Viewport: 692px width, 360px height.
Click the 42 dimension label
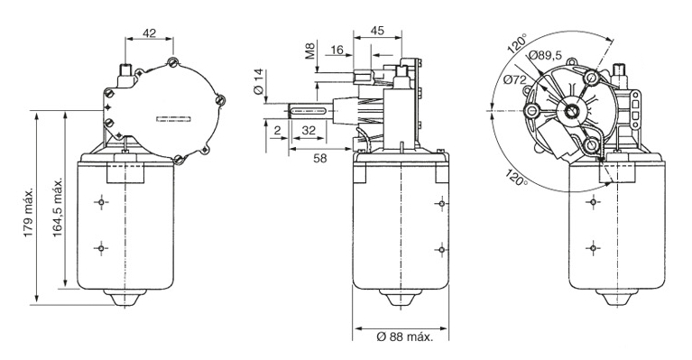[150, 33]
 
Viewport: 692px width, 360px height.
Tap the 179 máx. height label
[29, 214]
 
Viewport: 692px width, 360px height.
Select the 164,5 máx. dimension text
[58, 208]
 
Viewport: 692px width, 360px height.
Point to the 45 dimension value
[377, 31]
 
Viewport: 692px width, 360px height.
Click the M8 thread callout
[310, 51]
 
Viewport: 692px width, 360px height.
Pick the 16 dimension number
[337, 50]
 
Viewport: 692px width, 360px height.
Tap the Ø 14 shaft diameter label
[258, 80]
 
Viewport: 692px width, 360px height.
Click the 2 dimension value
[277, 130]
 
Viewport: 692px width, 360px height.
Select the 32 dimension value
[309, 130]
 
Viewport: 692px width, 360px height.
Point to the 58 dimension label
[320, 158]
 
